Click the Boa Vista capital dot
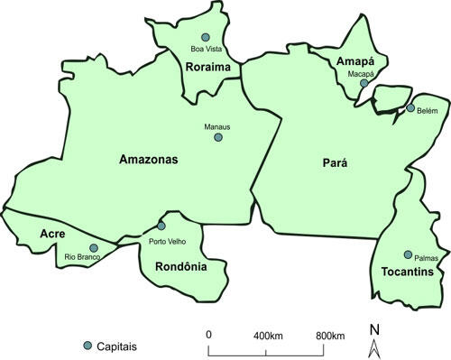(206, 37)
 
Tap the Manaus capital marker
(217, 138)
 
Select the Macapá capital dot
(364, 83)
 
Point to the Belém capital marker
(410, 108)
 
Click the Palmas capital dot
(408, 254)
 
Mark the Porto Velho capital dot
(161, 226)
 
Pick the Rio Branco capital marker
(93, 247)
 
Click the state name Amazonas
(150, 160)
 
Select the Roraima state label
(208, 67)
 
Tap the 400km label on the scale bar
(269, 336)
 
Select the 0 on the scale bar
(208, 336)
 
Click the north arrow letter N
(373, 328)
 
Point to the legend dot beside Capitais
(87, 346)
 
